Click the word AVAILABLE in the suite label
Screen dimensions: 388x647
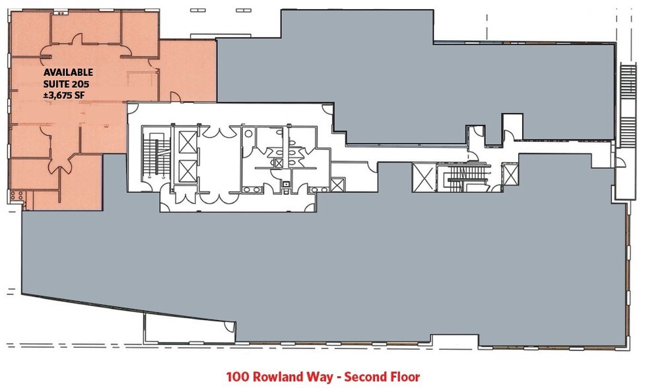pyautogui.click(x=68, y=72)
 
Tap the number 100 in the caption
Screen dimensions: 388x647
pyautogui.click(x=238, y=377)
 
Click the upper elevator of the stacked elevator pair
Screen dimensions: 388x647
pyautogui.click(x=187, y=142)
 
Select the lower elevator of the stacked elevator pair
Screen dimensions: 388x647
pyautogui.click(x=187, y=171)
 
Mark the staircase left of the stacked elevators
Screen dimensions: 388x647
pyautogui.click(x=156, y=156)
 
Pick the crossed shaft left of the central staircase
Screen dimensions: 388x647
pyautogui.click(x=423, y=178)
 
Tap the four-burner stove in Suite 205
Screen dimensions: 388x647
pyautogui.click(x=17, y=196)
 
